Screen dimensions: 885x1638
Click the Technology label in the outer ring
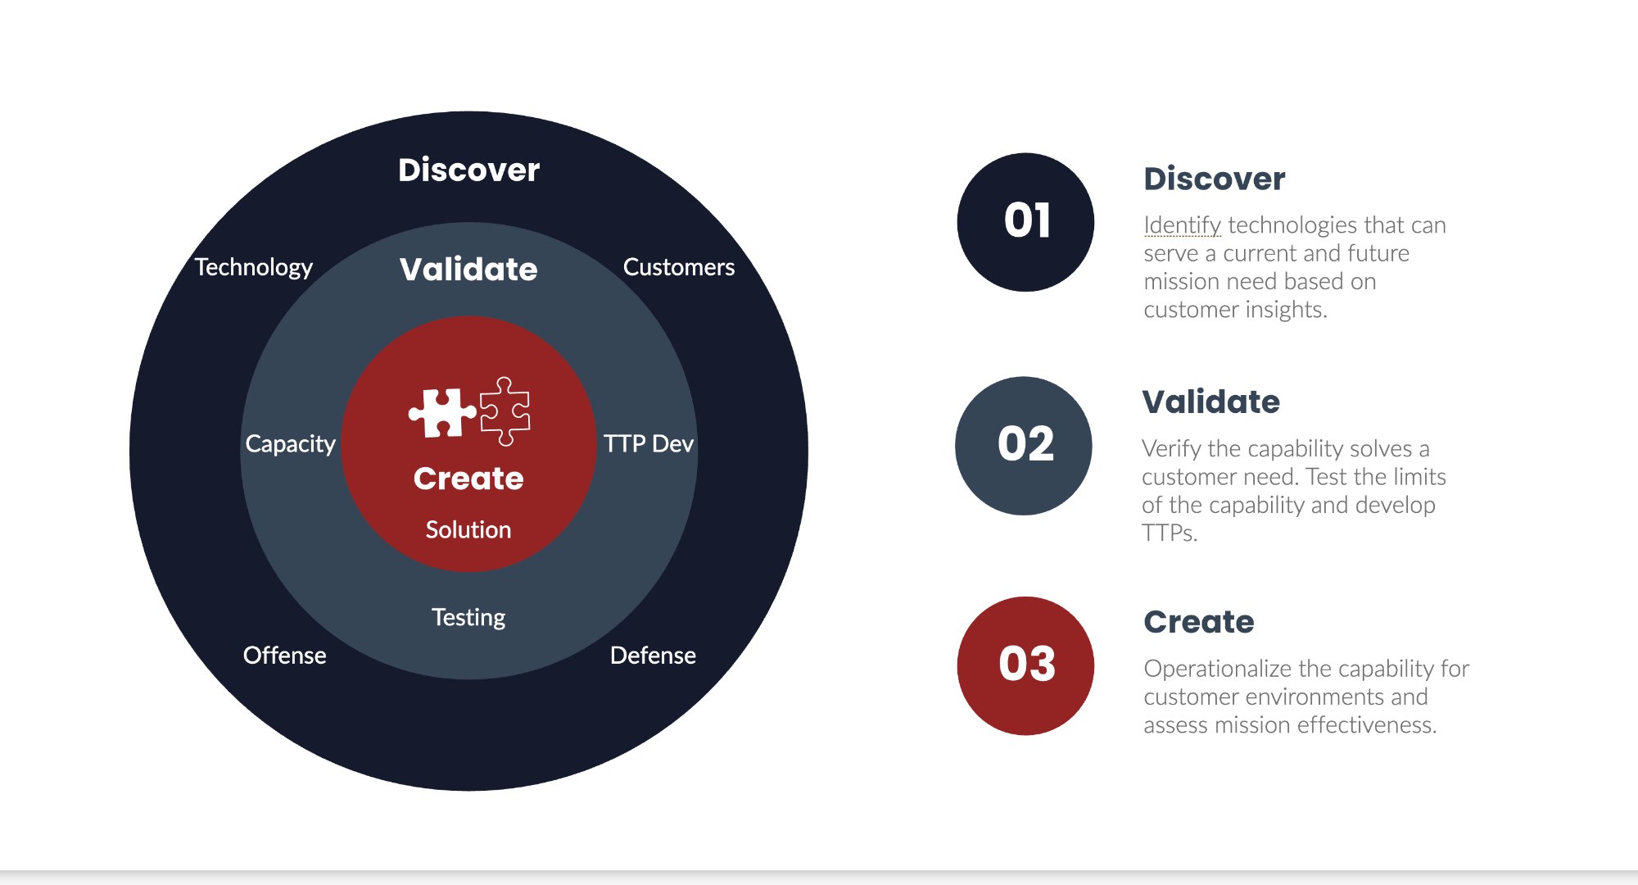click(x=254, y=267)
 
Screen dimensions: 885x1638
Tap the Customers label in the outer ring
click(x=678, y=267)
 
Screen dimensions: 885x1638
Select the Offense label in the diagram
click(x=284, y=656)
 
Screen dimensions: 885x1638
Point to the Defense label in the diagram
click(x=653, y=656)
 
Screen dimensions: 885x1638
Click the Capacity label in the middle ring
click(x=290, y=443)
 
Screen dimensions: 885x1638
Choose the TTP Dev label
click(x=648, y=443)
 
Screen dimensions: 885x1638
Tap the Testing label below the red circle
click(x=468, y=617)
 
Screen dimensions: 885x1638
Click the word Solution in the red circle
click(x=468, y=529)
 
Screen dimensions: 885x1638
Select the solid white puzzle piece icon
click(x=442, y=412)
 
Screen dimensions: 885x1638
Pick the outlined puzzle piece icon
click(x=505, y=411)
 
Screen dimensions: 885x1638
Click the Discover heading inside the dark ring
click(x=468, y=170)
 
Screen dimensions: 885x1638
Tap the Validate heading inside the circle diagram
click(x=468, y=269)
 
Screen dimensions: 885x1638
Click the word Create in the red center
click(x=468, y=478)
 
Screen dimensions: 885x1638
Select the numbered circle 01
click(x=1025, y=221)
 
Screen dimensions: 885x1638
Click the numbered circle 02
click(x=1024, y=445)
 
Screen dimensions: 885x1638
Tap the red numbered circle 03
click(x=1025, y=665)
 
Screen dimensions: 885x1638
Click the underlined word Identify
click(x=1182, y=225)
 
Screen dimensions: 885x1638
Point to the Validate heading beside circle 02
click(x=1210, y=402)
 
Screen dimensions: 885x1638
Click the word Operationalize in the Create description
click(x=1217, y=669)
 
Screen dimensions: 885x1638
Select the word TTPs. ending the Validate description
click(x=1169, y=533)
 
